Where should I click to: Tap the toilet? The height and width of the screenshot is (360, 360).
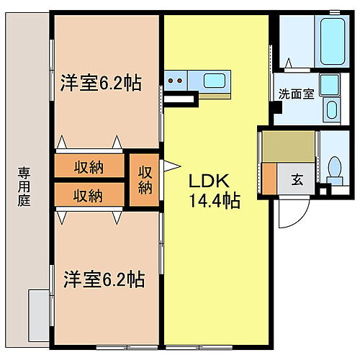(333, 168)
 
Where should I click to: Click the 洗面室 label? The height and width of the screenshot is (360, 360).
(296, 94)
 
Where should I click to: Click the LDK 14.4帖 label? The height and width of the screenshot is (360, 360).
(215, 191)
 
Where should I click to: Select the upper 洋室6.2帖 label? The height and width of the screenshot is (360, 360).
(100, 83)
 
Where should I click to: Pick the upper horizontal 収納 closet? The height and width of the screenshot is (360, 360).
(88, 167)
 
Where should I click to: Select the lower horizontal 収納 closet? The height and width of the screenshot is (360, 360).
(88, 195)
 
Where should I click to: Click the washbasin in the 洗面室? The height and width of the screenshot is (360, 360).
(332, 110)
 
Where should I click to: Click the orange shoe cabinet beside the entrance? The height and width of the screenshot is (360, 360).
(269, 179)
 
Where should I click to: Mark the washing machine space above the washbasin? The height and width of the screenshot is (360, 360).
(330, 85)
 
